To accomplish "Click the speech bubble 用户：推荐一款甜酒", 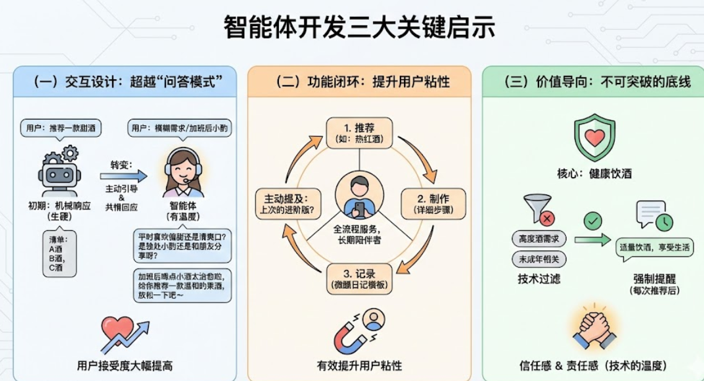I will pos(61,128).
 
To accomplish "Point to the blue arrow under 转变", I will pos(124,176).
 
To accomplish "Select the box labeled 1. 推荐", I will pos(359,133).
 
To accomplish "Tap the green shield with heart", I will pos(594,138).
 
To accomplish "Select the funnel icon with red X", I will pos(539,210).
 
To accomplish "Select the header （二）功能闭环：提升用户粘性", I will pos(359,82).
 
